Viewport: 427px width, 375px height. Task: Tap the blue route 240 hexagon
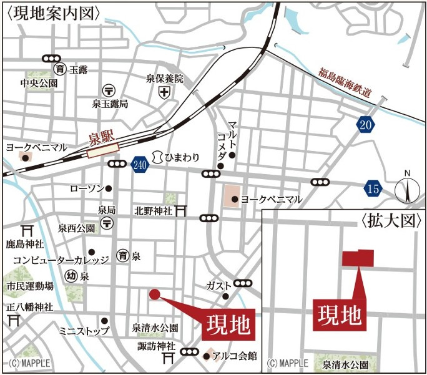click(139, 165)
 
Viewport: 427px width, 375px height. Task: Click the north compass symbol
click(406, 189)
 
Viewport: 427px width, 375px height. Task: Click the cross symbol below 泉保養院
click(164, 94)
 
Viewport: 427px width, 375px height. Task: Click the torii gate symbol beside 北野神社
click(182, 210)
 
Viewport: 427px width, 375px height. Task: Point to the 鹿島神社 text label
click(24, 242)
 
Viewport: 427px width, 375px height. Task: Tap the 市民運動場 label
click(30, 286)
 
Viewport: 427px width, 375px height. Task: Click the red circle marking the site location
click(155, 294)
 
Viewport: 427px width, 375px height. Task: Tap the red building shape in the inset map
click(356, 258)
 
